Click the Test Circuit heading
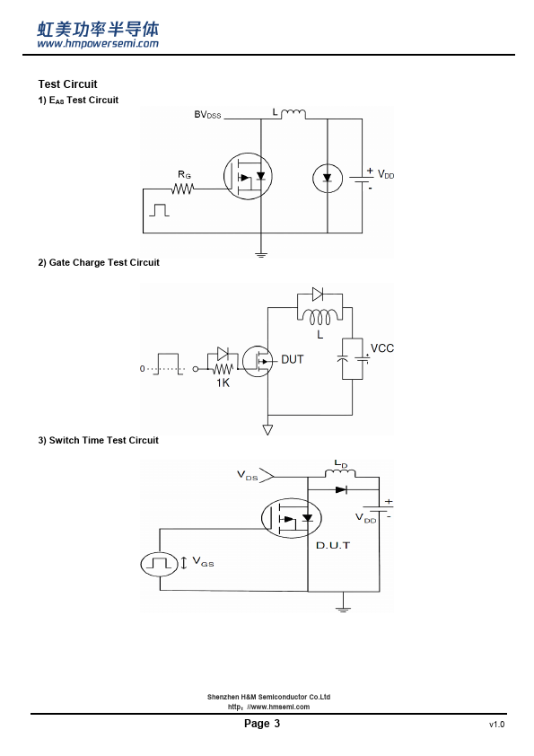67,84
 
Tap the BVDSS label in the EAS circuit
207,115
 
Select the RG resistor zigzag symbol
183,189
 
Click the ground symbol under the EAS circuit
261,254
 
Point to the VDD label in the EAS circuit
386,174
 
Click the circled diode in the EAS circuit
328,179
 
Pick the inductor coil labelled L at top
293,114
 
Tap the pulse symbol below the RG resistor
159,210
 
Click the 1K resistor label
223,382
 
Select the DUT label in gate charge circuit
292,359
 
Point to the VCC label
382,348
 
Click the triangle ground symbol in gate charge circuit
267,429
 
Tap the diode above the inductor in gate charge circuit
318,294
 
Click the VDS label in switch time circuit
247,475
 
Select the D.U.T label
333,545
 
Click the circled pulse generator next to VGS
160,564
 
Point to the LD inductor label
341,464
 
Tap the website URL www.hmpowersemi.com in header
98,43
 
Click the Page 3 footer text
262,723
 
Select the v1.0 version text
496,725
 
